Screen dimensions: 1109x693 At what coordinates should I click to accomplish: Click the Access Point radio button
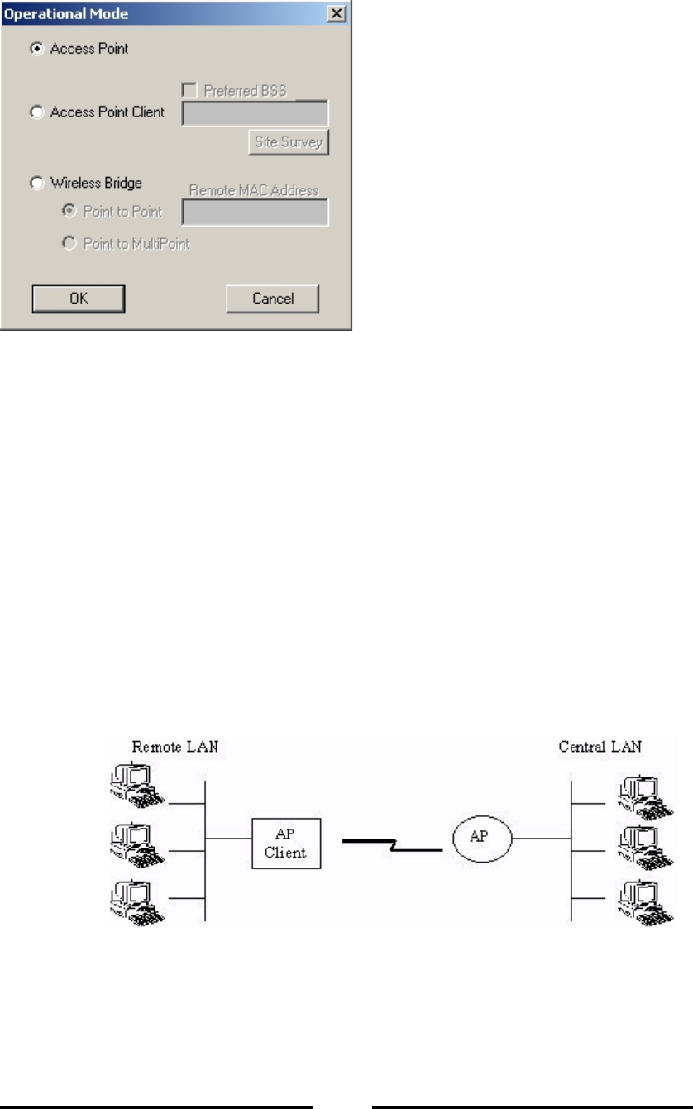pyautogui.click(x=36, y=49)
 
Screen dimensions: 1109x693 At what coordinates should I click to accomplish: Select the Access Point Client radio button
pyautogui.click(x=36, y=112)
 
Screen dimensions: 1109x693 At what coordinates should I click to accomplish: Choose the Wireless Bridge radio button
pyautogui.click(x=36, y=183)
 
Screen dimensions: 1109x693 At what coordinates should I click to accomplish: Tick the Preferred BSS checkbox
pyautogui.click(x=189, y=91)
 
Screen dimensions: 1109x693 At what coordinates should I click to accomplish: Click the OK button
pyautogui.click(x=79, y=299)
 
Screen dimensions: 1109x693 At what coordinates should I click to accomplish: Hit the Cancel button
pyautogui.click(x=272, y=299)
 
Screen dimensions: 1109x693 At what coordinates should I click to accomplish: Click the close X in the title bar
pyautogui.click(x=336, y=14)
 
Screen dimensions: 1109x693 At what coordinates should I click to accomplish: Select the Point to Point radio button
pyautogui.click(x=70, y=212)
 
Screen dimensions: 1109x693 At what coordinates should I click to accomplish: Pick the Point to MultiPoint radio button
pyautogui.click(x=70, y=244)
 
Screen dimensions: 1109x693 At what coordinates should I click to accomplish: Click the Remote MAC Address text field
pyautogui.click(x=255, y=213)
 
